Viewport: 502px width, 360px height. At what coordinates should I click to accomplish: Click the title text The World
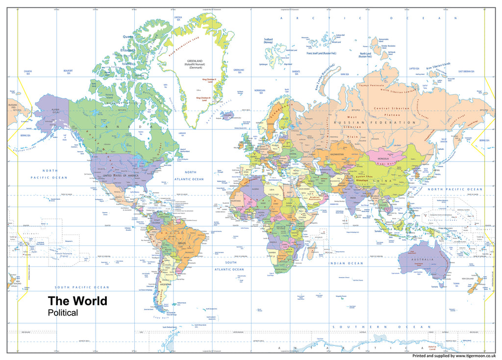[x=77, y=301]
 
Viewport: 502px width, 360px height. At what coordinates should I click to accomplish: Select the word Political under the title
[x=62, y=313]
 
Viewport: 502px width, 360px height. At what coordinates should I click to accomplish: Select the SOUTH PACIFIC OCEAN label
[x=82, y=287]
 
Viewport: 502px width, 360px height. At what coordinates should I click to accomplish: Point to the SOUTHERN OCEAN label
[x=381, y=327]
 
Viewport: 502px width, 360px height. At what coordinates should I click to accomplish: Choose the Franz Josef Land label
[x=322, y=53]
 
